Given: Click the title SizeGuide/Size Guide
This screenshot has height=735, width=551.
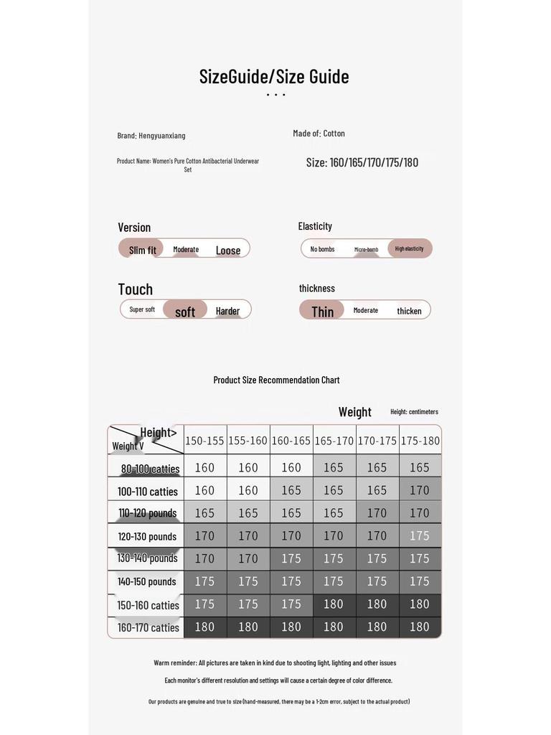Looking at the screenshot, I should click(274, 77).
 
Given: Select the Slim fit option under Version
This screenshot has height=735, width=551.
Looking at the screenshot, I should click(142, 250).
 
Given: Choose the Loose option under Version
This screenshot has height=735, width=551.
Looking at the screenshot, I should click(228, 251).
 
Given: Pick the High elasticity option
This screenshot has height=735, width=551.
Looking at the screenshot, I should click(410, 248).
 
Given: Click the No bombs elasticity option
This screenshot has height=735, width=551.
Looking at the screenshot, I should click(322, 249).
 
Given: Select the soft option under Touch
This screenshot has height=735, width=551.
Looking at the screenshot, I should click(185, 312).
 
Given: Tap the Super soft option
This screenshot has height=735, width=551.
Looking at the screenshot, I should click(142, 309).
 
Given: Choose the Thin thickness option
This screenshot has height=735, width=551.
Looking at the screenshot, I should click(322, 311).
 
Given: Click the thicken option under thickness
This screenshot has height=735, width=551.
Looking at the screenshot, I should click(409, 311).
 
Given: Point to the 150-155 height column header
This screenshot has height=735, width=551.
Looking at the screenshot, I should click(205, 441).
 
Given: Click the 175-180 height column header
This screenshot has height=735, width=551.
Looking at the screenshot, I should click(420, 441).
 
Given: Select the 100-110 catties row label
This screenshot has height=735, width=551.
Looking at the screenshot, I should click(147, 492).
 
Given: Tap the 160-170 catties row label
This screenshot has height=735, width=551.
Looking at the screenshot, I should click(148, 627).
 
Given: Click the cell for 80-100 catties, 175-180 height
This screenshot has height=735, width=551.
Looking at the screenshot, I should click(420, 467).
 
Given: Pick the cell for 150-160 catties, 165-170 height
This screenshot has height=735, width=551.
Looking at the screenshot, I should click(334, 604).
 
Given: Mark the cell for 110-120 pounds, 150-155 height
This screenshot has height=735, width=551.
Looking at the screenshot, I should click(205, 513).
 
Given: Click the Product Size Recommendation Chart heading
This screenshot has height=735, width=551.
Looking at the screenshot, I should click(276, 380).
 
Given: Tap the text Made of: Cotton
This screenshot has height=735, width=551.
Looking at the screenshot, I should click(319, 134).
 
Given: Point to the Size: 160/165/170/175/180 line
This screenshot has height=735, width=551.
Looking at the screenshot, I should click(362, 162).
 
